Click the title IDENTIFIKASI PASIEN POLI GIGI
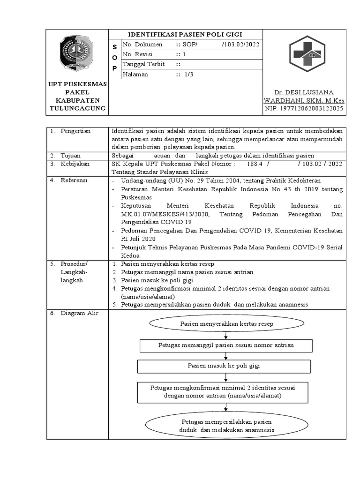tap(186, 34)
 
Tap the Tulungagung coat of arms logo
tap(77, 53)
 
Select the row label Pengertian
tap(75, 131)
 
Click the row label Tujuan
tap(71, 155)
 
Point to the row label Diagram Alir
tap(79, 313)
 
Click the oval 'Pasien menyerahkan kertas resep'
tap(226, 324)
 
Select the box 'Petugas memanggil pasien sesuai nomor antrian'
tap(226, 345)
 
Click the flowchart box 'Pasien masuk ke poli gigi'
tap(224, 366)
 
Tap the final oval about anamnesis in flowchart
tap(226, 426)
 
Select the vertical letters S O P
tap(114, 58)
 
